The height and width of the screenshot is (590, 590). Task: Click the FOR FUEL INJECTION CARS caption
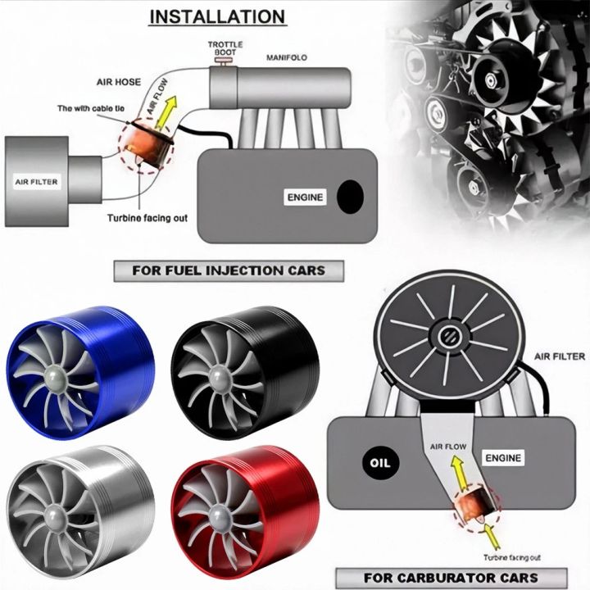click(x=229, y=270)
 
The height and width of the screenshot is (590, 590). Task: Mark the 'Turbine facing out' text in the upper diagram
click(x=149, y=219)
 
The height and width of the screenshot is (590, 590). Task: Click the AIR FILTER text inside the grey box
click(x=37, y=181)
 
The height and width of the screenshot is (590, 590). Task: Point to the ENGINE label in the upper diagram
click(x=306, y=197)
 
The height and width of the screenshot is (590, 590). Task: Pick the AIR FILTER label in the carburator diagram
click(x=560, y=356)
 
